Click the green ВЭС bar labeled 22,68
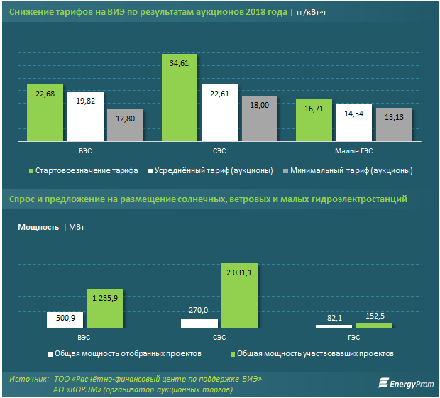coord(45,112)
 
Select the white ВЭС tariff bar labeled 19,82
coord(85,116)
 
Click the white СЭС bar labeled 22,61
coord(220,113)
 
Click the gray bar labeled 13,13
coord(393,124)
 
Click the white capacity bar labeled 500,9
coord(65,319)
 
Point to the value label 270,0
coord(199,310)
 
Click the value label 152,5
coord(374,316)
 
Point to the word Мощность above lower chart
coord(37,228)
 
